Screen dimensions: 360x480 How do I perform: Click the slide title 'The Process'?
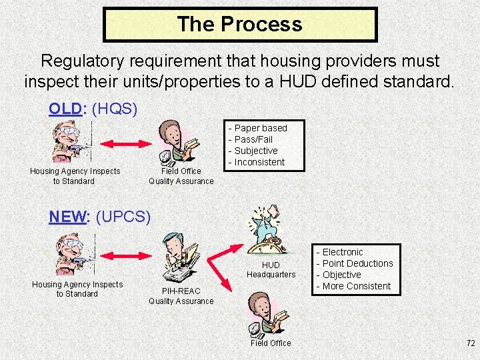(x=240, y=25)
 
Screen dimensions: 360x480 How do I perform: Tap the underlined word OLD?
(x=65, y=109)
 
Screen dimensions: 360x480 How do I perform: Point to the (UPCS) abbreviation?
(x=124, y=217)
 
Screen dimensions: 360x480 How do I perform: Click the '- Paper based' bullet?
(x=258, y=128)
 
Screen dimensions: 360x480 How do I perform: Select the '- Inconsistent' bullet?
(x=257, y=162)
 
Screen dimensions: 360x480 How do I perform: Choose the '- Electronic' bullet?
(x=340, y=252)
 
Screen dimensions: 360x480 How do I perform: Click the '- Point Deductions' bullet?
(x=355, y=263)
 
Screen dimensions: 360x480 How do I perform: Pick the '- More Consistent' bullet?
(x=353, y=286)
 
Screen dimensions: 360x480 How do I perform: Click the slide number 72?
(x=471, y=343)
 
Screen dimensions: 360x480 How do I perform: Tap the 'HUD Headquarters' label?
(x=271, y=269)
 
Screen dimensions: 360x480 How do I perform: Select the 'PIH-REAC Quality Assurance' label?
(x=181, y=296)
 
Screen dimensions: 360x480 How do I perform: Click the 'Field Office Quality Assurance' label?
(x=181, y=176)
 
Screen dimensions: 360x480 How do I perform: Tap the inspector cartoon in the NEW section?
(x=72, y=255)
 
